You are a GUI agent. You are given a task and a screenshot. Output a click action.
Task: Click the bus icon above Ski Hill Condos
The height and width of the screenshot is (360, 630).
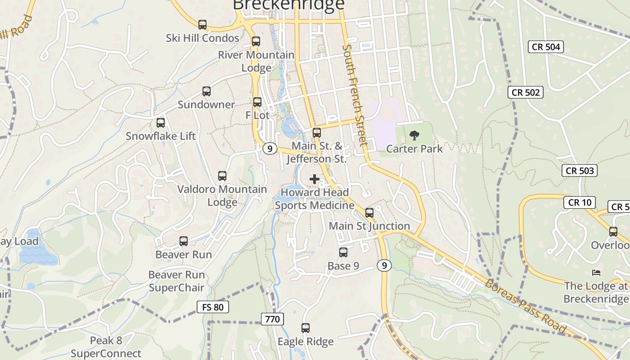pos(202,25)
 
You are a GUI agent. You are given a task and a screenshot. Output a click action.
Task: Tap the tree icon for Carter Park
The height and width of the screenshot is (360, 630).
pos(414,135)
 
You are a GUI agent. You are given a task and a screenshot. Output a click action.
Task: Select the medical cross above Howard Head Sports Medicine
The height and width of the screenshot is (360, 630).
pos(315,179)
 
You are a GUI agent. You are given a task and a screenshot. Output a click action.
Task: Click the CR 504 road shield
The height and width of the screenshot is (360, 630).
pos(546,47)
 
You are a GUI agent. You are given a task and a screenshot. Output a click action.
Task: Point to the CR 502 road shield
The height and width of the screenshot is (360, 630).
pos(526,92)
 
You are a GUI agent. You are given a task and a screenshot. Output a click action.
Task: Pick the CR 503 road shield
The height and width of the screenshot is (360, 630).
pos(580,171)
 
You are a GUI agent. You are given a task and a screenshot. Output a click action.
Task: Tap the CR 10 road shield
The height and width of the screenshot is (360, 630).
pos(580,202)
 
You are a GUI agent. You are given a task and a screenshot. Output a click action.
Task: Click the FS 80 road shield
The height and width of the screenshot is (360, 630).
pos(213,307)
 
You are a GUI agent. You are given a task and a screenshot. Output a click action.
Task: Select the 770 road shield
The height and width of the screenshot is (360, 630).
pos(272,319)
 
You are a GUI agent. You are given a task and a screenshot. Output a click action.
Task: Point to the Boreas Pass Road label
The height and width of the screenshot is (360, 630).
pos(526,306)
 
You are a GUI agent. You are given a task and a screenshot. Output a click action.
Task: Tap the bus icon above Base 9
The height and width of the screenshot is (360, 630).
pos(343,252)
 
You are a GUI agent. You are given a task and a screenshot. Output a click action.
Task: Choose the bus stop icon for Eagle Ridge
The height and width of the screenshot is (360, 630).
pos(306,328)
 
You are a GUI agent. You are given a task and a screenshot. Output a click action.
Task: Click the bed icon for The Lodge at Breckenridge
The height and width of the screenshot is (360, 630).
pos(596,273)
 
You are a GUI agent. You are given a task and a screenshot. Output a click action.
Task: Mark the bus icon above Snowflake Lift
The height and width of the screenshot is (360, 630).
pos(161,122)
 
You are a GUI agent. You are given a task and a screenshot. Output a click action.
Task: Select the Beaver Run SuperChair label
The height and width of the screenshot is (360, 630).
pos(176,281)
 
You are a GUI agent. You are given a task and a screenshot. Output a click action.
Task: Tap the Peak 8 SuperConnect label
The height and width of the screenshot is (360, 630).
pos(106,347)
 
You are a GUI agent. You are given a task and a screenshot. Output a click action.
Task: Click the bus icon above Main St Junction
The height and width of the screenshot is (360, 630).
pos(369,212)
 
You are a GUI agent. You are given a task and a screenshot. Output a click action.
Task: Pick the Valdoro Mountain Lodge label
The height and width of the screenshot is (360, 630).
pos(222,195)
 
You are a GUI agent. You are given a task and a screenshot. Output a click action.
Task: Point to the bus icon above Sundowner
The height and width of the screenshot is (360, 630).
pos(207,91)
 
